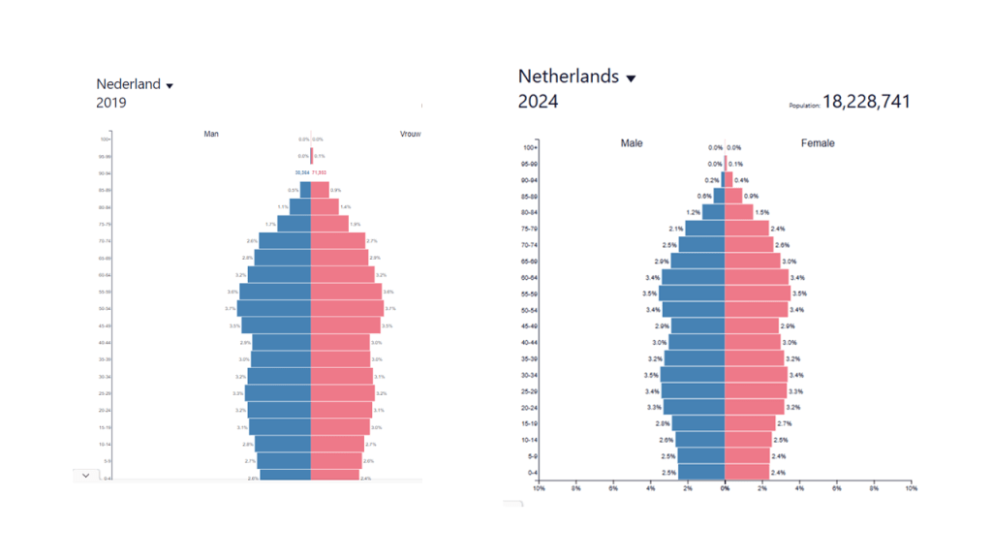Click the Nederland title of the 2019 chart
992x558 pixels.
coord(128,84)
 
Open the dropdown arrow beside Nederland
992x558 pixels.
coord(170,86)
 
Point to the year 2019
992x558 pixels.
coord(110,102)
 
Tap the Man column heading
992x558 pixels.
coord(211,134)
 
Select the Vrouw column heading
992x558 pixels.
coord(410,134)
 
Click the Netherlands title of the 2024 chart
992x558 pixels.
coord(568,77)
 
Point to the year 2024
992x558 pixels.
coord(538,101)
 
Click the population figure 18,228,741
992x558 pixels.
coord(866,102)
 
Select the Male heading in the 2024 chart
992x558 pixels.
coord(632,143)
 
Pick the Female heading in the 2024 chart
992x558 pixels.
coord(818,143)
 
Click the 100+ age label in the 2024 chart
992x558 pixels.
coord(530,147)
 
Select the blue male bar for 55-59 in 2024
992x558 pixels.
coord(692,294)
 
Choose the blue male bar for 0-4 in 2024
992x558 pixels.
coord(700,472)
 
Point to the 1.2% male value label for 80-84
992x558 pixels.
coord(694,212)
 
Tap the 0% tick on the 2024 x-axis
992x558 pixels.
coord(725,488)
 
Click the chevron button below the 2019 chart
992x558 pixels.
coord(85,475)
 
